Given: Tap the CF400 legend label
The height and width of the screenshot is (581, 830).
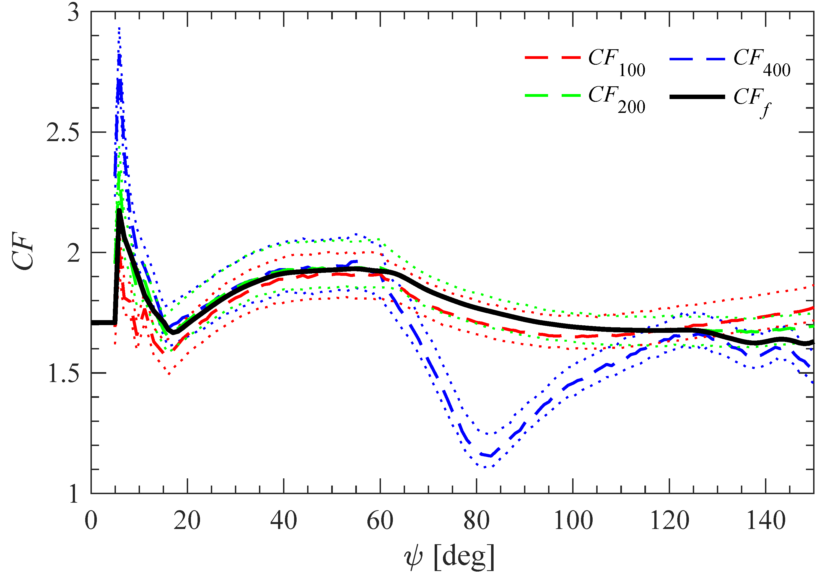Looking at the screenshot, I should click(x=761, y=62).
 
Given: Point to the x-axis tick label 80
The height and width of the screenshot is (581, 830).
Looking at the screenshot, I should click(x=476, y=521).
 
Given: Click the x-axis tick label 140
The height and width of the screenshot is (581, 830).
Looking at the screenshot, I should click(x=766, y=521).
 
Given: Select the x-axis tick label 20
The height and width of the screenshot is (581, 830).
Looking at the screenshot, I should click(x=187, y=521).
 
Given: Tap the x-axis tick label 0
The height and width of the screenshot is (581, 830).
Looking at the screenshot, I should click(x=91, y=521).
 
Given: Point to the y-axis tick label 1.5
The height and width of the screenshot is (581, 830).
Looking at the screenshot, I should click(x=63, y=374).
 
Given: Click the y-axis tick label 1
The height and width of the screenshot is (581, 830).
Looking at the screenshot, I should click(x=73, y=494).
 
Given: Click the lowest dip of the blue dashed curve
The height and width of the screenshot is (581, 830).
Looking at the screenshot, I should click(x=490, y=456).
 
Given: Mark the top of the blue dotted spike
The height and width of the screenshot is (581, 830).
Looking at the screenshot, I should click(x=119, y=28).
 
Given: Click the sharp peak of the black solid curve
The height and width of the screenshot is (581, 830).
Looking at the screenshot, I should click(x=119, y=210).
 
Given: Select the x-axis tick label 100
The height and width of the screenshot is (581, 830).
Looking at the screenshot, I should click(x=573, y=521).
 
